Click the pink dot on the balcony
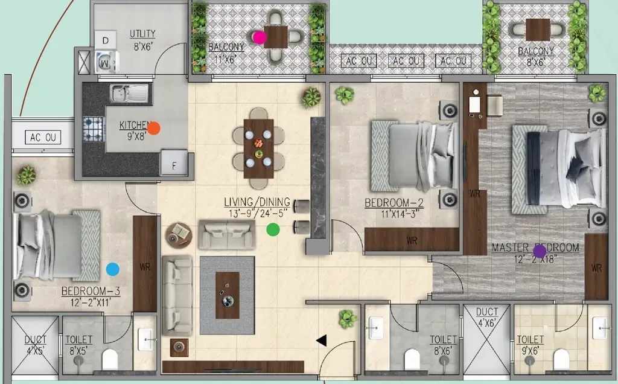pos(260,37)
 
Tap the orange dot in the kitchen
pos(153,128)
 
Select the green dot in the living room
pos(273,229)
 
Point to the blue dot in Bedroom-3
pos(113,269)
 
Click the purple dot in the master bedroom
pos(540,251)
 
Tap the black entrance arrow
pos(322,341)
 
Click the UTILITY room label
pos(142,34)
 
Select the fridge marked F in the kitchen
pos(173,162)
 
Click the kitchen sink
pos(130,94)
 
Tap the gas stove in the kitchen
pos(94,129)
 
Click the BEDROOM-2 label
pos(393,203)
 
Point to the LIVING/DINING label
pos(257,202)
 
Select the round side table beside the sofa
pos(179,235)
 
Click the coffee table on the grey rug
pos(228,295)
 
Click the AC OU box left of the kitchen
pos(43,137)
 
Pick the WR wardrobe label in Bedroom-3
pos(145,267)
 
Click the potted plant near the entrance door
pos(347,319)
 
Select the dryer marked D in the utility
pos(105,40)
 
